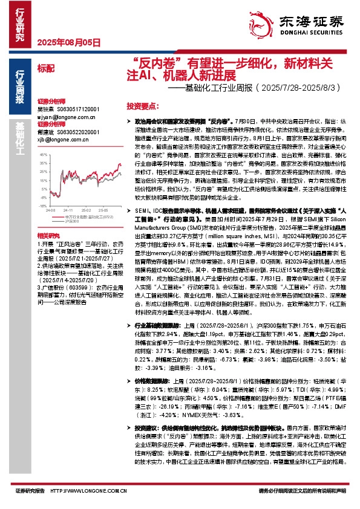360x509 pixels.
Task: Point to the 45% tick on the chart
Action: [42, 155]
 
